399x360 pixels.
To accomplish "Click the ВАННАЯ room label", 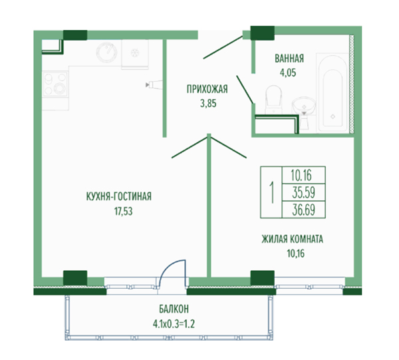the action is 289,59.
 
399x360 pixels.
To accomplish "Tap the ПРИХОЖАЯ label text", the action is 207,89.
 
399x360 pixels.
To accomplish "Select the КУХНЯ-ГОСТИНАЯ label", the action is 119,196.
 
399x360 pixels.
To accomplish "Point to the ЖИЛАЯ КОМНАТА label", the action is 293,240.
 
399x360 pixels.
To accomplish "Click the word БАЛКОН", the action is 174,309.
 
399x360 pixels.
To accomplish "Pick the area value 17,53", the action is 124,212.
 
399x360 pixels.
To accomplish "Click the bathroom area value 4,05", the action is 288,73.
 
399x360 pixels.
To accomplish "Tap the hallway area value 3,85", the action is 208,104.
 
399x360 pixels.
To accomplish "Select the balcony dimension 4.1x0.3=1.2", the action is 174,324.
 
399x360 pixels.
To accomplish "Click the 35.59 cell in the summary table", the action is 304,192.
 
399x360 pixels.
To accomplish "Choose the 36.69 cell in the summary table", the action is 304,210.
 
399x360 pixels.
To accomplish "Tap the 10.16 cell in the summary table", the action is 304,175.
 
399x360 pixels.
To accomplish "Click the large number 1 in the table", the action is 272,192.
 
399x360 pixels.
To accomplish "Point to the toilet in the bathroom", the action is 273,100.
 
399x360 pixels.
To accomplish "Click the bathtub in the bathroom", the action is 332,92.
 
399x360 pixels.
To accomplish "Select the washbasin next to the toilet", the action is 304,107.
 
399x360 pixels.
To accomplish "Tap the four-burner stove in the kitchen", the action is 55,84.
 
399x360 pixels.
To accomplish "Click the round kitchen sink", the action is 106,53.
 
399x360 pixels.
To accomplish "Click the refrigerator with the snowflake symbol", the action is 134,54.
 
